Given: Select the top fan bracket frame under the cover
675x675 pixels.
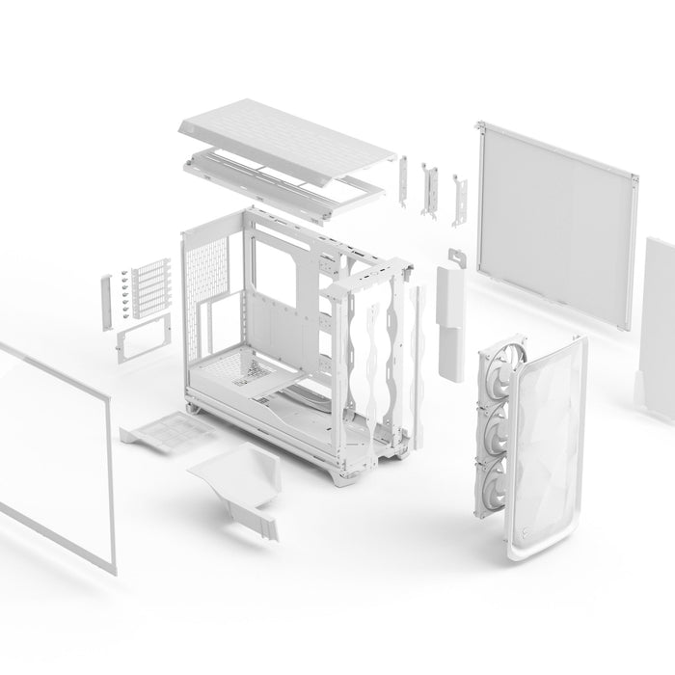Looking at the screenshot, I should tap(289, 169).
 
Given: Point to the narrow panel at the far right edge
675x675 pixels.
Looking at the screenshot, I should tap(660, 309).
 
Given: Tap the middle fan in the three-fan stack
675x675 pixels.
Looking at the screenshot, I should tap(496, 424).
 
